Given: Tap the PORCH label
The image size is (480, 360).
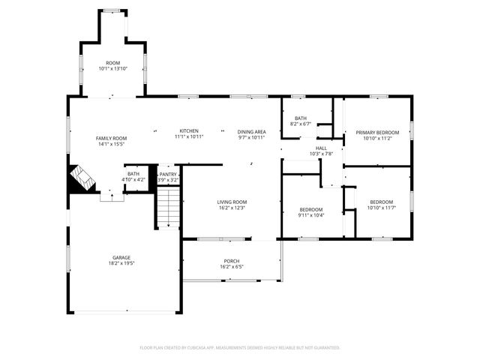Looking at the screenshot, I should pos(232,261).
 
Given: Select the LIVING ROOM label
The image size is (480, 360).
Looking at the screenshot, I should pos(232,202).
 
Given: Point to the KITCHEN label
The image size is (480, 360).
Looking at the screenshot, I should pos(188,130).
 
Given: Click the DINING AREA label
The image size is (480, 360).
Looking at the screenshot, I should pos(252,131).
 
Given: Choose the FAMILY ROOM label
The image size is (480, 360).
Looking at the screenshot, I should pos(111,138).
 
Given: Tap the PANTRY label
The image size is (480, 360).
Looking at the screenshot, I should pos(168,174).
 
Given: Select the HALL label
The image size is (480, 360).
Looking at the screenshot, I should pos(321,148).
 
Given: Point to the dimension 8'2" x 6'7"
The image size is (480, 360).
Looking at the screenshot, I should pos(301,124).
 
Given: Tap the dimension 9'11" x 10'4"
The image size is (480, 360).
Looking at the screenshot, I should pos(311,215).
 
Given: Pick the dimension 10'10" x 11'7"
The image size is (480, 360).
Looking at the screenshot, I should pos(381,208).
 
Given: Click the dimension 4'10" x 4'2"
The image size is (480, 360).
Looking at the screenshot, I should pos(133,180).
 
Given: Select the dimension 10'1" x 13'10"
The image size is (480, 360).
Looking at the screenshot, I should pos(113,69).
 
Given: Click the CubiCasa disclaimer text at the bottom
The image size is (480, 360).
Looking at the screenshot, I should pos(240,348).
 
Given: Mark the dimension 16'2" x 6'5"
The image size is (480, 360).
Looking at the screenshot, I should pos(232,267).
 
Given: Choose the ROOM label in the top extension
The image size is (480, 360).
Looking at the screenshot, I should pos(113,63).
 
